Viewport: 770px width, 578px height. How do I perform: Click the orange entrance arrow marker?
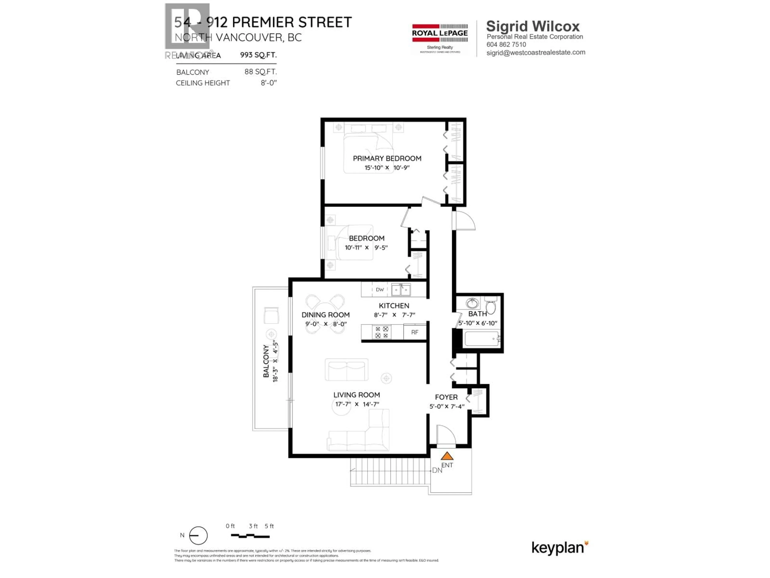[447, 456]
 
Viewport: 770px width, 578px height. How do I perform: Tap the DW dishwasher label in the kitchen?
[380, 290]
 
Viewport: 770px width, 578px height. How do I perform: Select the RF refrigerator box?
[415, 332]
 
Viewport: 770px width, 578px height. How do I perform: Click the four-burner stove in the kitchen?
[382, 332]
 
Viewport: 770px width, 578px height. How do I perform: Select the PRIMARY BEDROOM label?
[387, 159]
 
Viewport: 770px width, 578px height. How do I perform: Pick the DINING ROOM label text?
[325, 315]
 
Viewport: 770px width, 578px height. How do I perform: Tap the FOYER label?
[446, 397]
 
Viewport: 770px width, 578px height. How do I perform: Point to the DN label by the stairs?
[437, 470]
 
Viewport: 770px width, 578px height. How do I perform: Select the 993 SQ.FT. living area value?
[258, 55]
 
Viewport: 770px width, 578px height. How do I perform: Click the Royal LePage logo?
[440, 38]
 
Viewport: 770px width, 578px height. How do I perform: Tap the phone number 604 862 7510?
[506, 45]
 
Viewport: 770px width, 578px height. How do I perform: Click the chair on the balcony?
[271, 316]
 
